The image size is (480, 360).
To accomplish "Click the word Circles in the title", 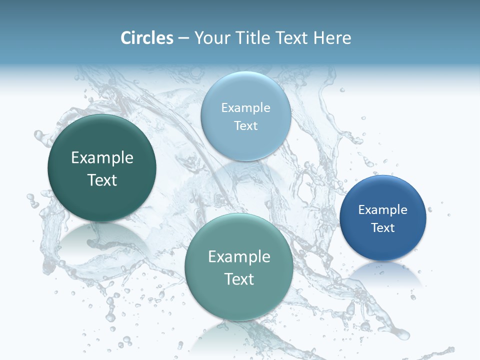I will click(146, 38).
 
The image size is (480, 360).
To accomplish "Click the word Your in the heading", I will click(211, 38).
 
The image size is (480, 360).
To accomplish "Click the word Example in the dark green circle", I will click(102, 158).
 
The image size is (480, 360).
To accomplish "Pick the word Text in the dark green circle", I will click(102, 180).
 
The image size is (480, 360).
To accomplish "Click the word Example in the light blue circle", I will click(245, 108).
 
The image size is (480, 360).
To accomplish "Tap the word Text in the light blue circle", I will click(245, 126).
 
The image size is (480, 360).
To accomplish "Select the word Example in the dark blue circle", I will click(383, 210).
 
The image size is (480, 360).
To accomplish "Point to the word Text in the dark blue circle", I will click(383, 228).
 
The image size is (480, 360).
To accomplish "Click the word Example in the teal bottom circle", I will click(239, 257).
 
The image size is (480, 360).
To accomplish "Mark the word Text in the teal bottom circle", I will click(239, 279).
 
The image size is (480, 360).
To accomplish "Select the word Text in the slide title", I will click(291, 38).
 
